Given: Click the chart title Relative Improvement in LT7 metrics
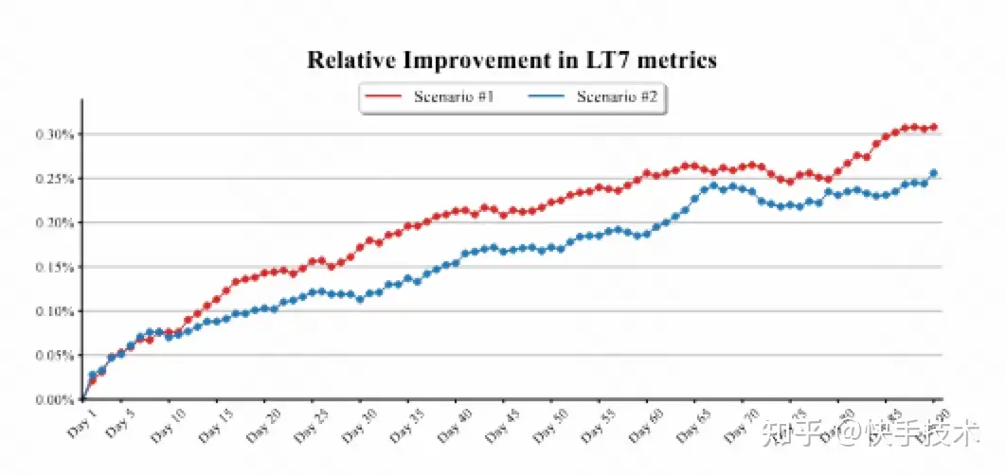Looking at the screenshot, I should coord(512,61).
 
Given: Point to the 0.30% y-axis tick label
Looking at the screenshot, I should coord(54,134).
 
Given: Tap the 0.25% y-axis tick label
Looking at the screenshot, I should coord(54,179).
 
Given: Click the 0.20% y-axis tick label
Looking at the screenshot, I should coord(54,223).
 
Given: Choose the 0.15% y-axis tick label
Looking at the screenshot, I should coord(54,268).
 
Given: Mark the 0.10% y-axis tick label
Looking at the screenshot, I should coord(54,311).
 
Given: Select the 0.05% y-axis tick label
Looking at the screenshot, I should coord(54,356).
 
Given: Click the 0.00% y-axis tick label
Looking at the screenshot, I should coord(54,400).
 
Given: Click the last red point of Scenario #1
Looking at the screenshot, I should coord(934,127).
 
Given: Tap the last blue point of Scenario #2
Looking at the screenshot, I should coord(934,172).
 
